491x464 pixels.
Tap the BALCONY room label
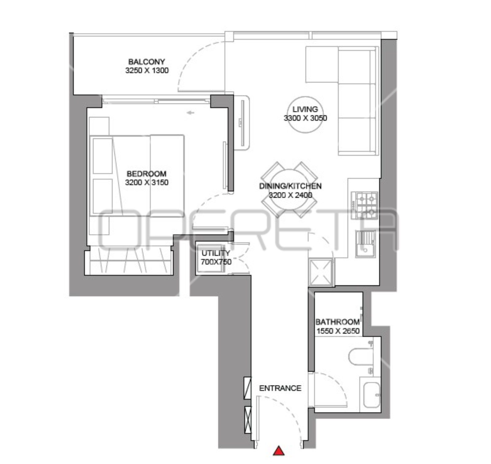point(147,62)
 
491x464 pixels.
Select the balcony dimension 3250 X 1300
point(147,70)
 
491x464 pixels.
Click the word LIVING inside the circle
point(305,109)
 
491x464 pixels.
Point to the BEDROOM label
point(147,174)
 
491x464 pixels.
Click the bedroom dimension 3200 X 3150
point(147,183)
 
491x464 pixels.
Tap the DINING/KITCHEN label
point(290,186)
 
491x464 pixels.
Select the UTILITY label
point(216,253)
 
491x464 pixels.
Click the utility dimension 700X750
point(216,262)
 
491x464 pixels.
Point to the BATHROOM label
point(338,322)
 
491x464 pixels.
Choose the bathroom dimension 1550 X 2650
point(338,331)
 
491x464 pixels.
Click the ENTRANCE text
point(280,388)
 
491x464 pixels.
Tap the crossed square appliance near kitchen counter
point(320,272)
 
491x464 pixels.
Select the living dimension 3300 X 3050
point(305,118)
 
